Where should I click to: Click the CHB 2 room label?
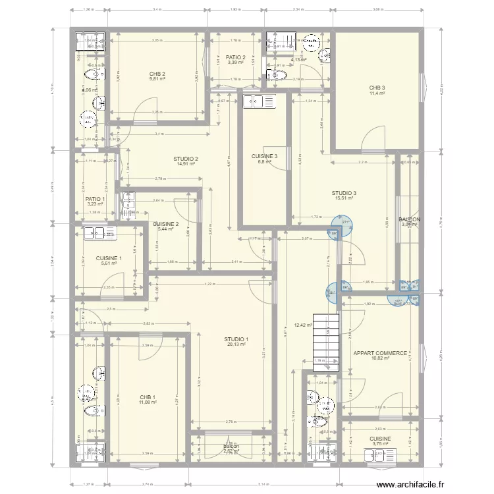tap(157, 74)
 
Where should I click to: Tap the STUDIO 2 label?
tap(186, 159)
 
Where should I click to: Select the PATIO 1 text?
tap(95, 199)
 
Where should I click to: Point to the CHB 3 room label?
tap(377, 88)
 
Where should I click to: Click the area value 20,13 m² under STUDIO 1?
tap(235, 344)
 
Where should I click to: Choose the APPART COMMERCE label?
tap(380, 353)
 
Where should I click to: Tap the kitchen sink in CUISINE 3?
tap(254, 101)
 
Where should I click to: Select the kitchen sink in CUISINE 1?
tap(96, 231)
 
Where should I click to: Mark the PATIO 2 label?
tap(236, 57)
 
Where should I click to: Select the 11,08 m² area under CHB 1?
tap(148, 402)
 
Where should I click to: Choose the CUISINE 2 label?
tap(165, 224)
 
